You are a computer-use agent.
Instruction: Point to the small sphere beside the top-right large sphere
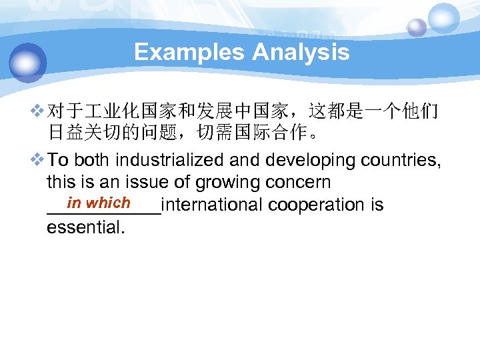tap(417, 27)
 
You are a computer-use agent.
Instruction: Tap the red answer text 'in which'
tap(99, 203)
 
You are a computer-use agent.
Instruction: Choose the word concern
tap(297, 182)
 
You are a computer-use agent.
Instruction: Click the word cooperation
tap(315, 205)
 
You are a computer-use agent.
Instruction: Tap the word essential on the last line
tap(85, 227)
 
